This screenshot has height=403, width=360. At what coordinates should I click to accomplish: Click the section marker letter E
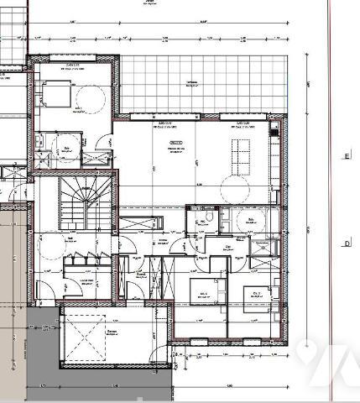click(x=345, y=156)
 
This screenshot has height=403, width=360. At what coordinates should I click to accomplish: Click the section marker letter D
click(x=345, y=243)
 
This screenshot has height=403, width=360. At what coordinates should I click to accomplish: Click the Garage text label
click(x=111, y=332)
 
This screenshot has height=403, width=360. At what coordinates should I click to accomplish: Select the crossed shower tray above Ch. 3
click(x=265, y=247)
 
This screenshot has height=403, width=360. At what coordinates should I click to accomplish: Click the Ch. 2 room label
click(x=206, y=293)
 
